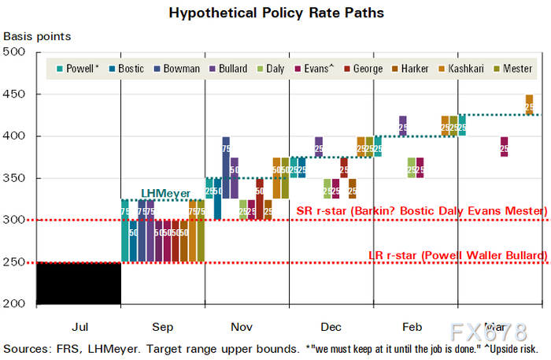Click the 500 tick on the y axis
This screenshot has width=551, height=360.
coord(15,52)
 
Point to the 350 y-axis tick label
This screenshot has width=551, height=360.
coord(15,178)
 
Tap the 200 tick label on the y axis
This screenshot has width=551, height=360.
coord(15,304)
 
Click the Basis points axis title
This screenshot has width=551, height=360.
coord(37,36)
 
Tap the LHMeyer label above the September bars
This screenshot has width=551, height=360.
coord(166,193)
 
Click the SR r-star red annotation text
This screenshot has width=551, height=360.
coord(421,211)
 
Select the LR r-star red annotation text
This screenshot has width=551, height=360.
coord(457,255)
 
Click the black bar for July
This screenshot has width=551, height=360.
coord(80,283)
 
